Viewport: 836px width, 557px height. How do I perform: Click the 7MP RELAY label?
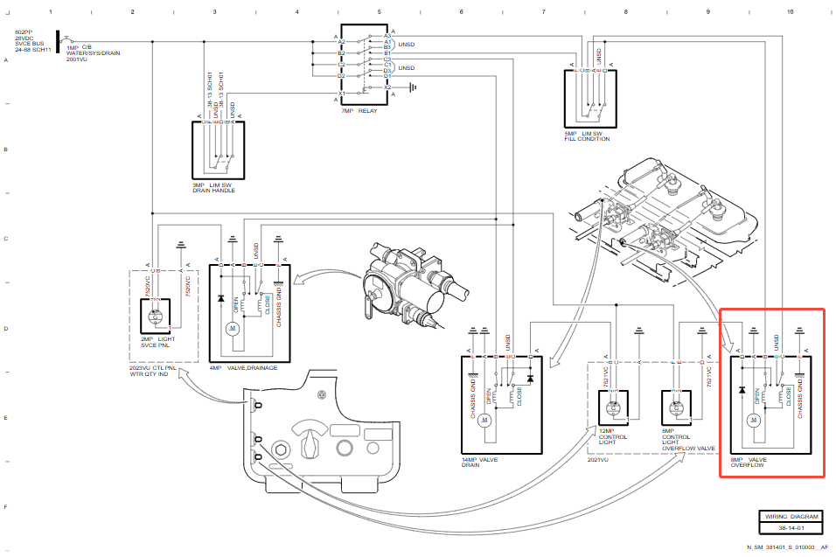359,111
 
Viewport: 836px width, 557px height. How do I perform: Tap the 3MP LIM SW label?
212,185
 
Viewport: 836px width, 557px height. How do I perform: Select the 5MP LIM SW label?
587,133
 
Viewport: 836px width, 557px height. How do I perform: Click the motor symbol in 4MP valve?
232,329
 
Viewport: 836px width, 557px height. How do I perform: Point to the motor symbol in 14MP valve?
485,420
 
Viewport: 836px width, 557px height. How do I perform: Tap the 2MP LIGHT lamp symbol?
157,315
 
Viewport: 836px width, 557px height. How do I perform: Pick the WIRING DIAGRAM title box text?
791,516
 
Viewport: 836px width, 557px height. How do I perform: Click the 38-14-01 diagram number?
791,528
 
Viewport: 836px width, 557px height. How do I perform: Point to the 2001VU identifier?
77,59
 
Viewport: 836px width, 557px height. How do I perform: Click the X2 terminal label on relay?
387,87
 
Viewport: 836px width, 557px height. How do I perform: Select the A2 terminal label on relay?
342,42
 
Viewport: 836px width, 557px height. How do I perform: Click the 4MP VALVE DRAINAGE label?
243,368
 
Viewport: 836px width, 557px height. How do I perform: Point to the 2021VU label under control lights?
600,460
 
